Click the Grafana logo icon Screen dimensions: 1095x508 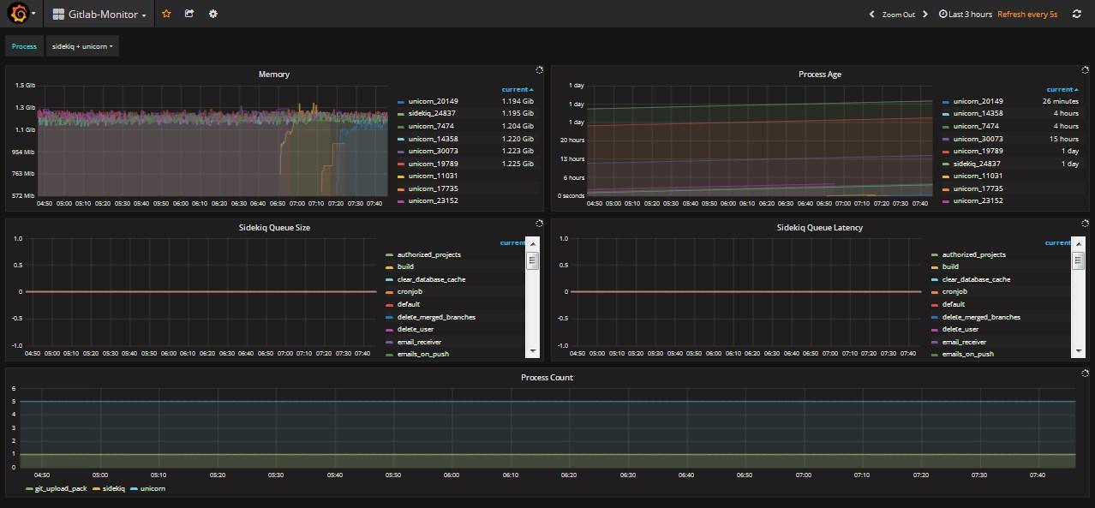click(19, 13)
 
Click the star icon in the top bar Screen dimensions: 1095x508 click(166, 14)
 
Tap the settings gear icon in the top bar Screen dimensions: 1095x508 click(213, 14)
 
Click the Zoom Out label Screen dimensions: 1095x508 click(898, 15)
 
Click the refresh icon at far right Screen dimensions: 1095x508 click(1076, 14)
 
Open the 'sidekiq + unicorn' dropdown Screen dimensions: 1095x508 click(82, 46)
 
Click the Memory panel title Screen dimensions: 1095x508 click(274, 75)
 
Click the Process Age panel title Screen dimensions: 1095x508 click(820, 75)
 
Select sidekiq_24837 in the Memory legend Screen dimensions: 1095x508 click(432, 113)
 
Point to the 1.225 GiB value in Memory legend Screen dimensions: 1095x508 click(518, 164)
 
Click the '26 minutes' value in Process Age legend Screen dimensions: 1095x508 click(1060, 101)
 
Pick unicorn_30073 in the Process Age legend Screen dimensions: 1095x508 click(978, 139)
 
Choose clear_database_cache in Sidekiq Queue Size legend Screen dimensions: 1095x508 click(431, 279)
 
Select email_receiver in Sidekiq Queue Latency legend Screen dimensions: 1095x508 click(964, 343)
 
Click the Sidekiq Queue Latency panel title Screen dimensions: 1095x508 click(820, 228)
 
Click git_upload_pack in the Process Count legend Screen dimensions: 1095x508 click(61, 489)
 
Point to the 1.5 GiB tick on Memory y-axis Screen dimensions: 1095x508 click(26, 86)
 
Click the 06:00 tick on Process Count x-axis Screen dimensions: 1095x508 click(452, 475)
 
